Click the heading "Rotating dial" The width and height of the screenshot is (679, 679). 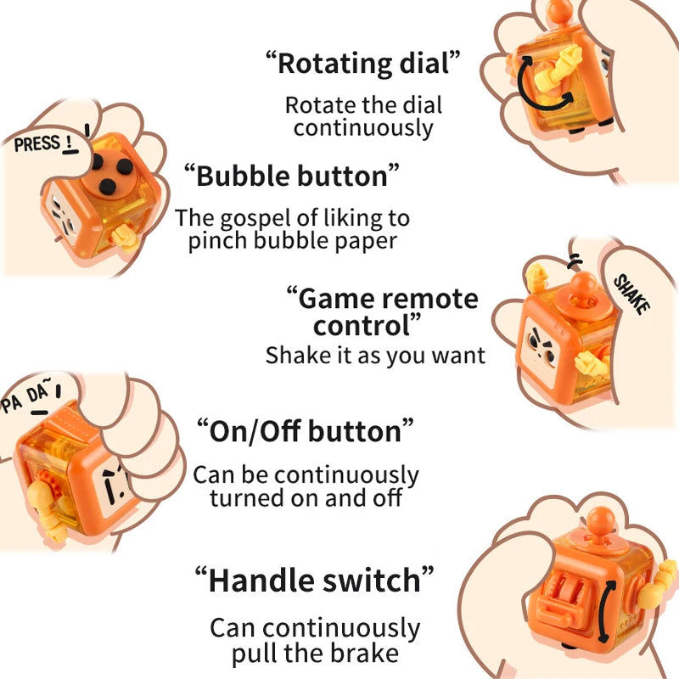[x=363, y=63]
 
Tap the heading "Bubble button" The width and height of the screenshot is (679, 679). [x=291, y=176]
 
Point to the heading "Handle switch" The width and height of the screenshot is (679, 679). [x=314, y=581]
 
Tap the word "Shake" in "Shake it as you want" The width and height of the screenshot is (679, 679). [x=294, y=355]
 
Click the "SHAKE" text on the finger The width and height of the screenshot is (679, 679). [x=631, y=294]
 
